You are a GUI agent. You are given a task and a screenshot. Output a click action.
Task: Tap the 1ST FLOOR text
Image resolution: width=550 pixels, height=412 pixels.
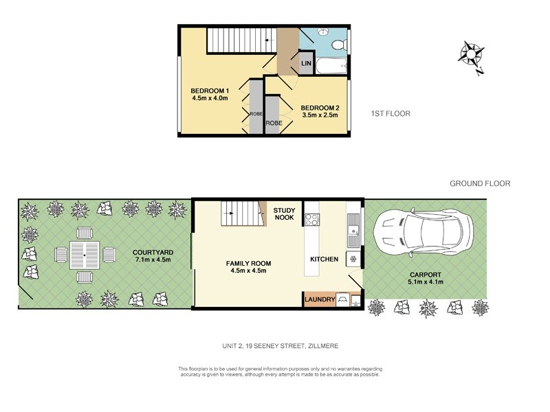[x=390, y=114]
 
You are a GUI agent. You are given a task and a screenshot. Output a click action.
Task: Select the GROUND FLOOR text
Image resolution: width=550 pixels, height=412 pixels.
[x=480, y=184]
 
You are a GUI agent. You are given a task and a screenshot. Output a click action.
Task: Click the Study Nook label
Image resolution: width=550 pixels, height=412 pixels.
[x=284, y=214]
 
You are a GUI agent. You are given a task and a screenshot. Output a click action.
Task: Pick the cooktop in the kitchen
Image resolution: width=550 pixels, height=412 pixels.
[x=311, y=220]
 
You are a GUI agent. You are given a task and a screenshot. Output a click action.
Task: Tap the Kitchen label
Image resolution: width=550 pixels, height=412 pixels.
[x=324, y=260]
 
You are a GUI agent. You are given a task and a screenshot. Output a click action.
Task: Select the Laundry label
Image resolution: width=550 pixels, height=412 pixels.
[x=320, y=300]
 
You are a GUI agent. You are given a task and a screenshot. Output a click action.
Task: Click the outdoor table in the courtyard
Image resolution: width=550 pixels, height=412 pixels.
[x=85, y=255]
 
